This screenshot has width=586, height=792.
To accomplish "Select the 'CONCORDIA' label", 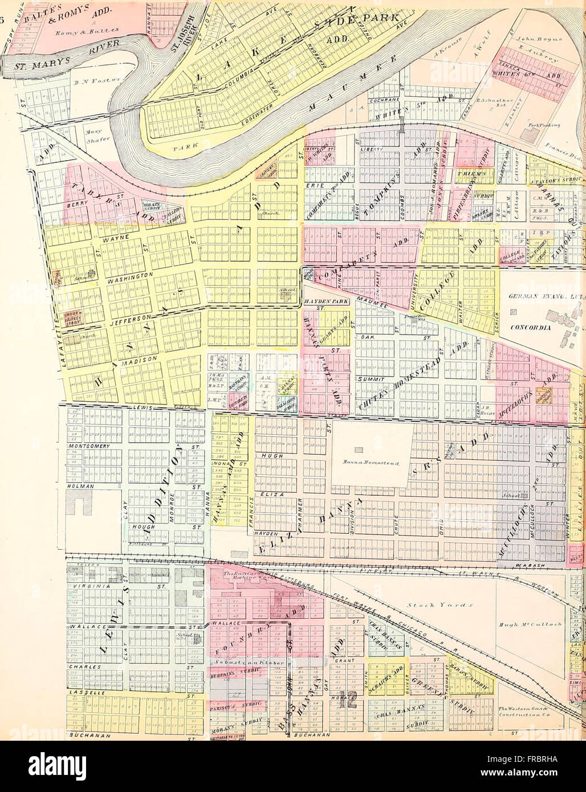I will click(x=529, y=328).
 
